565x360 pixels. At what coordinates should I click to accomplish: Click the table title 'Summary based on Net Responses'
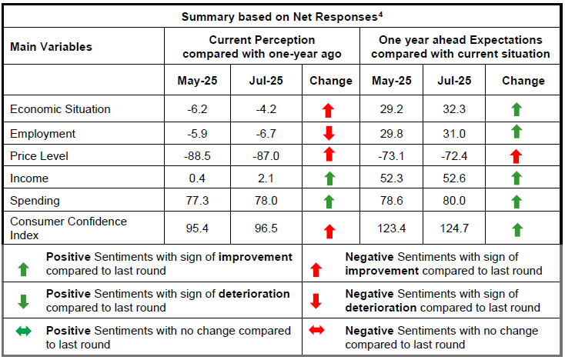282,15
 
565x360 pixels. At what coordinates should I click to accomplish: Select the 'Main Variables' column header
51,47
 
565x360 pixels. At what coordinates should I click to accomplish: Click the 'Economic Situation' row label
60,109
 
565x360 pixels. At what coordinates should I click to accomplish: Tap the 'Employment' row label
42,133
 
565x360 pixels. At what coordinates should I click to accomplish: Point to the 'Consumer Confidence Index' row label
69,228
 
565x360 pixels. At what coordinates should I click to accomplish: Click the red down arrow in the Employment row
329,133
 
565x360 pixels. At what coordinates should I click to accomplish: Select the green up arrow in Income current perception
329,179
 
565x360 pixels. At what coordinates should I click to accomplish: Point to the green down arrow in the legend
25,301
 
